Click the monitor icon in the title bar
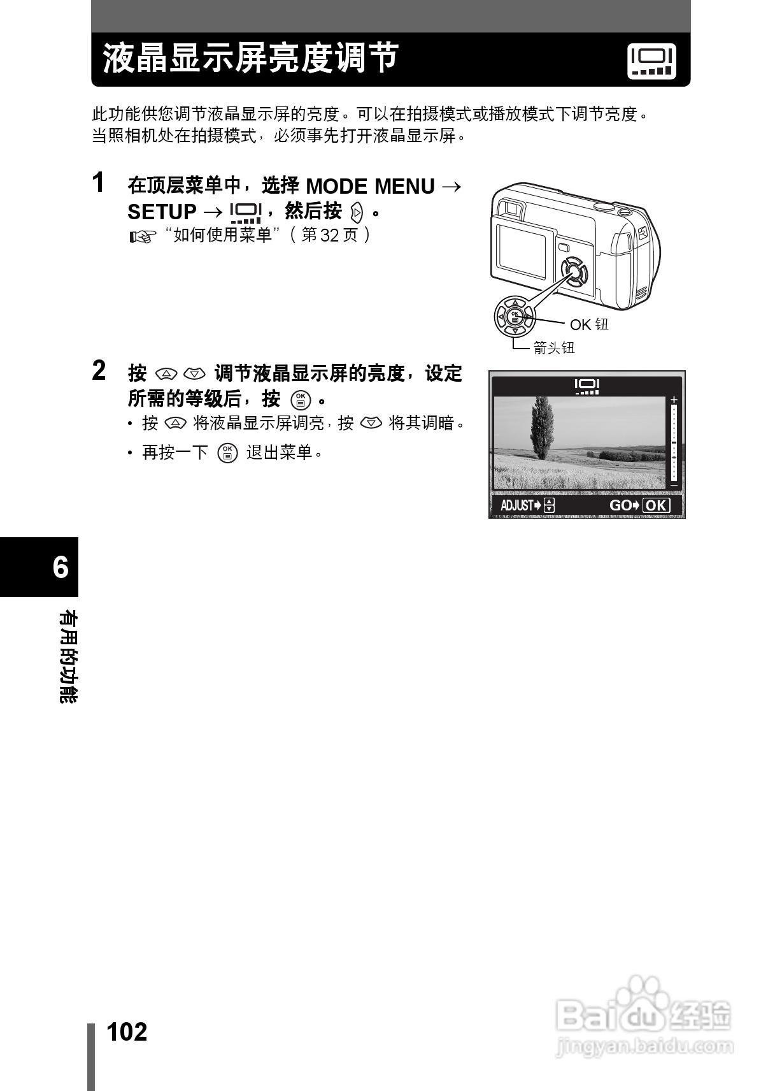pyautogui.click(x=651, y=61)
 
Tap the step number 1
pyautogui.click(x=98, y=183)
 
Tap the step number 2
pyautogui.click(x=99, y=371)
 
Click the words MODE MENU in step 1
pyautogui.click(x=370, y=187)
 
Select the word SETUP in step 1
pyautogui.click(x=162, y=212)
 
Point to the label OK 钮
pyautogui.click(x=588, y=324)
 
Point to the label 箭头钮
pyautogui.click(x=553, y=347)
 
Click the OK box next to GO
pyautogui.click(x=656, y=505)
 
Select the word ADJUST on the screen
pyautogui.click(x=516, y=505)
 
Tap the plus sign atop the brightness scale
pyautogui.click(x=674, y=400)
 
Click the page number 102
pyautogui.click(x=127, y=1031)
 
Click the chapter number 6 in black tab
pyautogui.click(x=60, y=567)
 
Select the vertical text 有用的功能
pyautogui.click(x=68, y=656)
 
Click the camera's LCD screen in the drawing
pyautogui.click(x=521, y=249)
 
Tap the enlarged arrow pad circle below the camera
pyautogui.click(x=515, y=315)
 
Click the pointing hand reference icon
pyautogui.click(x=142, y=237)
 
